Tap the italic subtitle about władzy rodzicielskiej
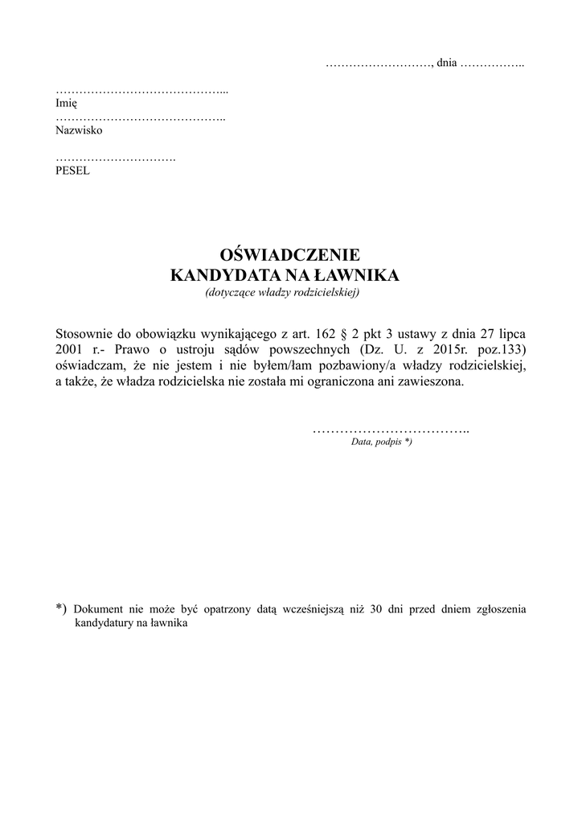point(282,292)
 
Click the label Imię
point(66,103)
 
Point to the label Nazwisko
point(79,130)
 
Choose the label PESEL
point(72,171)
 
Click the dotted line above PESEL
point(115,158)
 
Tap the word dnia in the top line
point(446,63)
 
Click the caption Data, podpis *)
point(381,443)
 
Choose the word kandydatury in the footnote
point(103,624)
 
